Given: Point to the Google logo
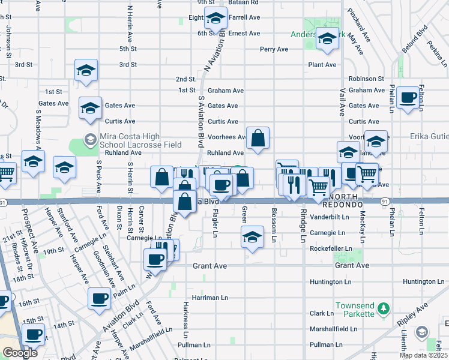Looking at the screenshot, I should (x=20, y=353).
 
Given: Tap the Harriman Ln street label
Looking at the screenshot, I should (x=210, y=298).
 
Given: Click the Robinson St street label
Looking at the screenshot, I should (x=366, y=79).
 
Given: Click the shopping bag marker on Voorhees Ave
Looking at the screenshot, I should (x=258, y=139).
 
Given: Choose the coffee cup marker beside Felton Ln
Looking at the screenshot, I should (x=408, y=98).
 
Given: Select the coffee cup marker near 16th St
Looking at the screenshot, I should (x=100, y=298).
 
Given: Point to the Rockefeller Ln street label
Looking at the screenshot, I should (x=330, y=248).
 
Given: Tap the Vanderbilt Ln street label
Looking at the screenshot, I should (x=330, y=217).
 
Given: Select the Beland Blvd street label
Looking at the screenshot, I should (x=415, y=38).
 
